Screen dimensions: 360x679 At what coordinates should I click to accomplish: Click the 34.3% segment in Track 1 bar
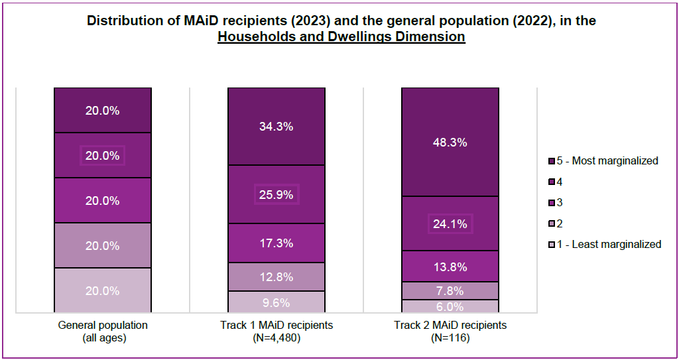pos(277,126)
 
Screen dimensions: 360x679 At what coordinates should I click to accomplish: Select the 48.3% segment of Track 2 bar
pos(450,142)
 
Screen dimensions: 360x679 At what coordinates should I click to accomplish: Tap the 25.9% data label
pos(277,195)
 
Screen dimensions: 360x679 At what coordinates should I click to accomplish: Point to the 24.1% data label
pos(450,224)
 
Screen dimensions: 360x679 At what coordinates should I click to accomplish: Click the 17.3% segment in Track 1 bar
pos(277,243)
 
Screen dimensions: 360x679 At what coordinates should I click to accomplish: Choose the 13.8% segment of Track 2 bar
pos(450,267)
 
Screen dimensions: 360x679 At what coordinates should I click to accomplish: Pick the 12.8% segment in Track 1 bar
pos(277,276)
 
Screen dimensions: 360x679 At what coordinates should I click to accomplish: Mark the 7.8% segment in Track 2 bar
pos(450,290)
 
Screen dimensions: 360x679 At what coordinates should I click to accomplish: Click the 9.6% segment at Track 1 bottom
pos(277,302)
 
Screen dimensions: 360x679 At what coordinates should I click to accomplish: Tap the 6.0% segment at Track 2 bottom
pos(450,306)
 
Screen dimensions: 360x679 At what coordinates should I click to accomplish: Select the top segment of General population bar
pos(103,111)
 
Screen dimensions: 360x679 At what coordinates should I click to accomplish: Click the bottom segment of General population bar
pos(103,290)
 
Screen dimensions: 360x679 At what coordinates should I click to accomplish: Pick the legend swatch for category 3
pos(551,203)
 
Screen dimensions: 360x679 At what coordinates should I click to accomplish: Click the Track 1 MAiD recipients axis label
pos(277,326)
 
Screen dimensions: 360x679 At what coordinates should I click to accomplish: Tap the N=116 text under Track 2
pos(450,338)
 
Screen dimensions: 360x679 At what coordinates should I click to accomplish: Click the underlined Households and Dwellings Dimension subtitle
pos(341,37)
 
